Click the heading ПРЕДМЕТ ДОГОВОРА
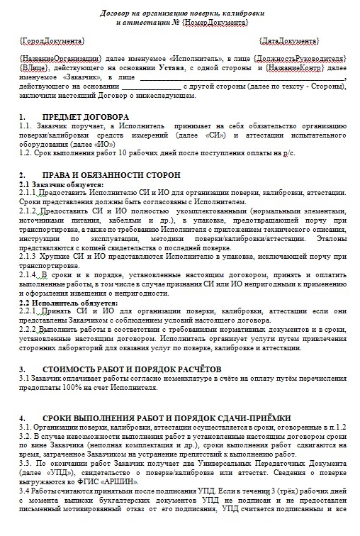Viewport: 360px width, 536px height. (x=86, y=116)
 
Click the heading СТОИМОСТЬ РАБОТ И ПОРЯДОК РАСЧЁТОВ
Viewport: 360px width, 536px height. (x=131, y=369)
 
